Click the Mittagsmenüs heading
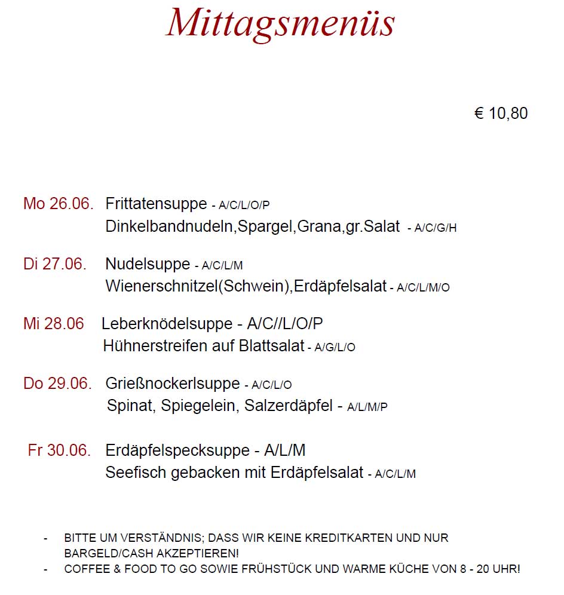click(280, 24)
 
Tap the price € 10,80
click(501, 114)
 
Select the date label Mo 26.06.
click(58, 204)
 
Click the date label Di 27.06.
click(55, 263)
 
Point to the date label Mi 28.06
click(54, 324)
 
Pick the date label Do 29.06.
click(57, 384)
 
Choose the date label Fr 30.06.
click(59, 450)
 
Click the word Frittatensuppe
click(156, 204)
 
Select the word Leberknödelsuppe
click(167, 324)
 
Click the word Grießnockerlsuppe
click(173, 384)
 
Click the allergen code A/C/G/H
click(436, 228)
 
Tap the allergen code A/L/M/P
click(367, 407)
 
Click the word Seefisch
click(136, 473)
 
